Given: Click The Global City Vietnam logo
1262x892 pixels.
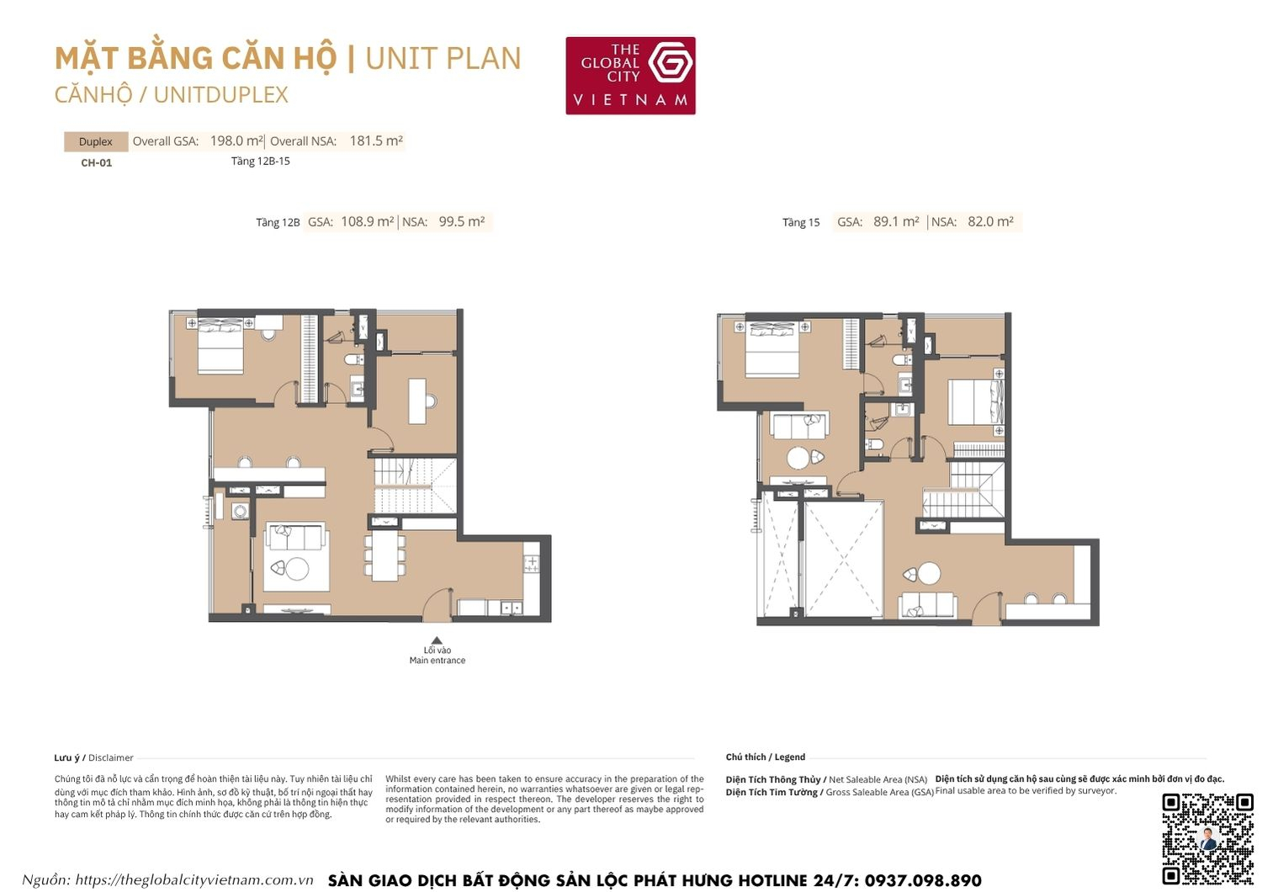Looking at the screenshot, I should coord(630,76).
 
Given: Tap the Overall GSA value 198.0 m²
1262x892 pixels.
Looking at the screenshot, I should coord(236,141).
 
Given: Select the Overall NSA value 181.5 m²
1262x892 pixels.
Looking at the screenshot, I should coord(376,141).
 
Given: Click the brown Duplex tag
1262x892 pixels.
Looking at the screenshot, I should coord(96,141).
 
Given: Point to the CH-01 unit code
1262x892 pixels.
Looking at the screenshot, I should coord(96,163).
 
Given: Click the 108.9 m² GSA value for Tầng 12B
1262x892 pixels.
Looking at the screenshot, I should coord(367,222).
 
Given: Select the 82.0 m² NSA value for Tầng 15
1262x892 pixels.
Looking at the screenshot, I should coord(990,222).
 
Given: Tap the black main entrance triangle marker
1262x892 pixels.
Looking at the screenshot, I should coord(437,640).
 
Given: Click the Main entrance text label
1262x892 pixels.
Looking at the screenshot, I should coord(437,661).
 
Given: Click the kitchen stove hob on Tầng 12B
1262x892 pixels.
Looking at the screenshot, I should coord(532,564).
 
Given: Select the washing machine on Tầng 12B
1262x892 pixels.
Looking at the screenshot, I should coord(240,511).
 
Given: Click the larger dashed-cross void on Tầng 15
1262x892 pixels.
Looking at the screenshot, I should coord(842,559).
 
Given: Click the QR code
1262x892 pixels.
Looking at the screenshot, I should coord(1207,838).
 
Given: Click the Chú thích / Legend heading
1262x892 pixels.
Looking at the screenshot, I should coord(765,757).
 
